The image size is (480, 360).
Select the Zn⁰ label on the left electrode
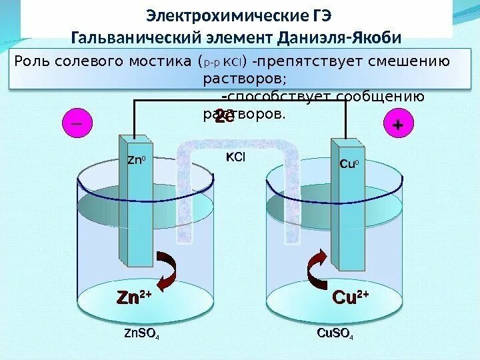(x=135, y=160)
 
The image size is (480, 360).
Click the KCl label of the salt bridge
(x=235, y=157)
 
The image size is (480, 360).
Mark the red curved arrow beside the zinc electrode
(x=169, y=269)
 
